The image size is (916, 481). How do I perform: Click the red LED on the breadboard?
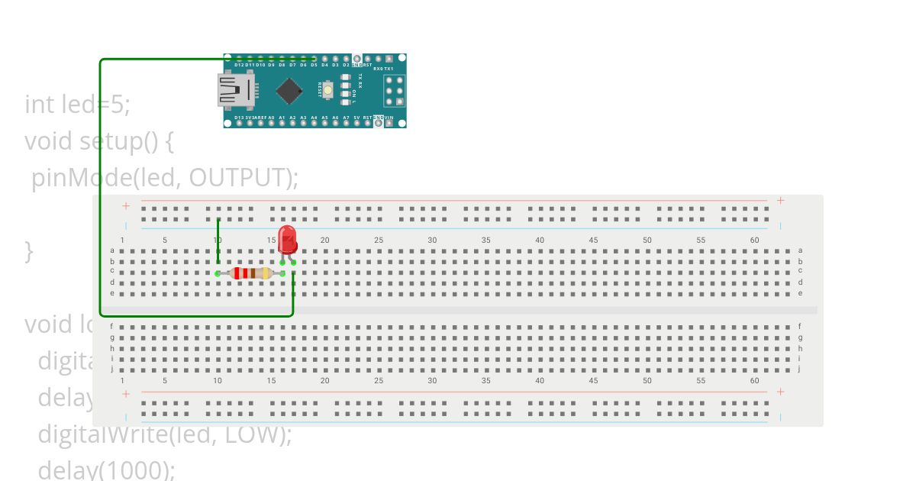tap(287, 238)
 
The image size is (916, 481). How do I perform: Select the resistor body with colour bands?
tap(250, 273)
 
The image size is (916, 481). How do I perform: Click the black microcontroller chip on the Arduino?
tap(289, 91)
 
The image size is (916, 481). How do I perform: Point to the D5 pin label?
tap(314, 66)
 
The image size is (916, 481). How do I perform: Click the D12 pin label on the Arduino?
tap(239, 66)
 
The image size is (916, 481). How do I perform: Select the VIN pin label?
tap(389, 118)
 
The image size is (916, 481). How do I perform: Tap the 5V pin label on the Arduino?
tap(356, 118)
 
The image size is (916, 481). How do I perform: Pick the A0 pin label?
tap(271, 118)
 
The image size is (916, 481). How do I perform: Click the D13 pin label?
tap(239, 118)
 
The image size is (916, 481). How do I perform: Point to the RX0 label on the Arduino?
tap(377, 69)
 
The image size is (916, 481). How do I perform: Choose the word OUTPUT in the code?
tap(238, 177)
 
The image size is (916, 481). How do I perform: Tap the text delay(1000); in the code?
tap(106, 469)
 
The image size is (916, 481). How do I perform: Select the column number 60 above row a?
tap(754, 240)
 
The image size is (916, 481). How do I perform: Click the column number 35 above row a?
tap(485, 240)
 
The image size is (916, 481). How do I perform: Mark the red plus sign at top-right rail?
tap(780, 200)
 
